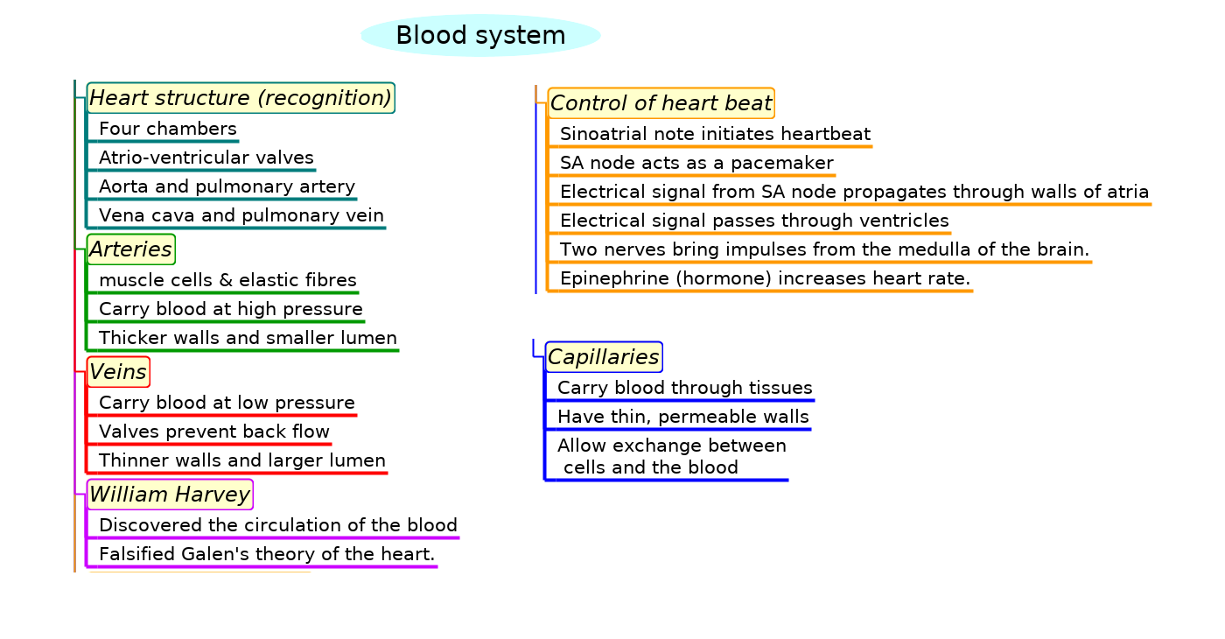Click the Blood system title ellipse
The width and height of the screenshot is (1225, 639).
pos(480,36)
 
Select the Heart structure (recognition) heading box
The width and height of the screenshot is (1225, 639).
pos(241,98)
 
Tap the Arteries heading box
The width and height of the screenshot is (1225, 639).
pos(131,249)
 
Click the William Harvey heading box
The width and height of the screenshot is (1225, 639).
pos(170,495)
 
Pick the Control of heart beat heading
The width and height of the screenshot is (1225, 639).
pos(661,103)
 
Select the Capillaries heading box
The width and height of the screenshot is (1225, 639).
pos(604,357)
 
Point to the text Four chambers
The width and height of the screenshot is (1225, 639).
pos(168,130)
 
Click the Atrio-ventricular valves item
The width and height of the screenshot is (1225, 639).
pos(206,158)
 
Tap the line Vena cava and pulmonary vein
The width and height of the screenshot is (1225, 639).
pos(241,215)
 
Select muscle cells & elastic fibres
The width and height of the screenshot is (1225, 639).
pos(227,281)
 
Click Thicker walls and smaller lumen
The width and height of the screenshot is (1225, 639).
pos(248,338)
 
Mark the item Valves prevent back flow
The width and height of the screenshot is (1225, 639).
pos(214,432)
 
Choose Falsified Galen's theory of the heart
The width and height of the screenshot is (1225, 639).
pos(267,554)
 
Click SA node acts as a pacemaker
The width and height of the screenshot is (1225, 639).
pos(696,164)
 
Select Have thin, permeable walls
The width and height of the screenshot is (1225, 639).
pos(683,417)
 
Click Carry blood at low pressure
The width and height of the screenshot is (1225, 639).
pos(227,404)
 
